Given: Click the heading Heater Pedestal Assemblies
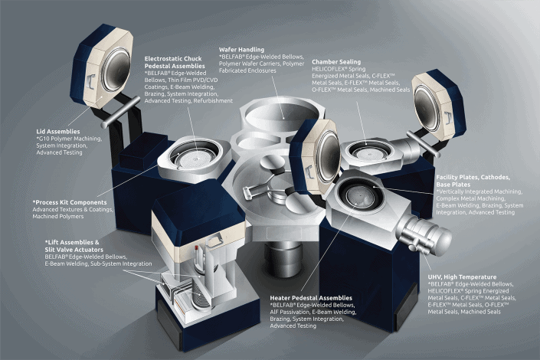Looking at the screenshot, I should (x=311, y=297).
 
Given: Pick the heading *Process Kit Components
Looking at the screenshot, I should (x=72, y=201).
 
